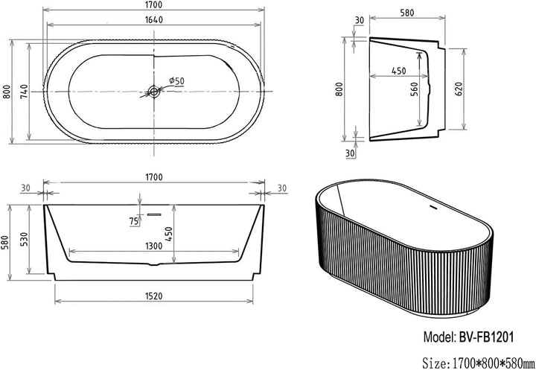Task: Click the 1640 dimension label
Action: pyautogui.click(x=154, y=20)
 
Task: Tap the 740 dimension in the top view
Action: pyautogui.click(x=24, y=92)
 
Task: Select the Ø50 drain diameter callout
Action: pyautogui.click(x=176, y=81)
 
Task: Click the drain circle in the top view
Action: pyautogui.click(x=153, y=92)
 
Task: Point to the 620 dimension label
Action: pyautogui.click(x=459, y=89)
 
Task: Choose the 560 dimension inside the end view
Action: pyautogui.click(x=414, y=89)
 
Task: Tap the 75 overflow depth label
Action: pyautogui.click(x=134, y=221)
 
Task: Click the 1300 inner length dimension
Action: pyautogui.click(x=154, y=246)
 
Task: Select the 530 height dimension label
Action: pyautogui.click(x=24, y=239)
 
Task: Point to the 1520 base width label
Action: pyautogui.click(x=154, y=296)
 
